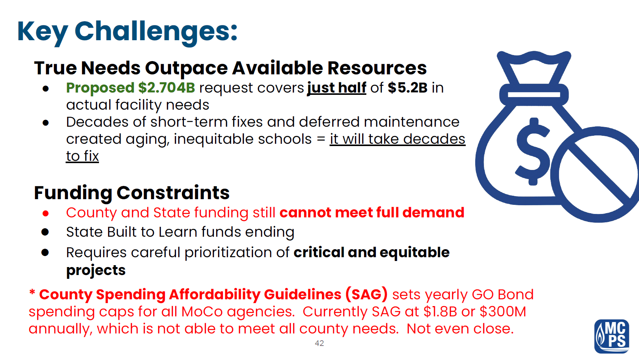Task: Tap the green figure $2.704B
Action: point(166,88)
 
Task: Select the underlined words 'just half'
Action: point(337,88)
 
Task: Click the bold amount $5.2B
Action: point(408,88)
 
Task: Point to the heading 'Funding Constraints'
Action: point(132,193)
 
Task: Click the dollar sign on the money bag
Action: point(532,151)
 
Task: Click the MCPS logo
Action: point(612,336)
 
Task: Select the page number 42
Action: point(319,343)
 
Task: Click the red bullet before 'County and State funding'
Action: point(46,213)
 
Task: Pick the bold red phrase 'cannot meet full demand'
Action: point(372,212)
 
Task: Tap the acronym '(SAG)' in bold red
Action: point(367,294)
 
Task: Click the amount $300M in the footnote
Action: point(503,311)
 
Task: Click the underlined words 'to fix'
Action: point(82,156)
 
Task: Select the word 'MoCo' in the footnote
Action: point(202,311)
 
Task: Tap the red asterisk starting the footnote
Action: point(32,292)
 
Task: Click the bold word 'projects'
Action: point(96,270)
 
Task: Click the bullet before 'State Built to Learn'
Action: point(45,232)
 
